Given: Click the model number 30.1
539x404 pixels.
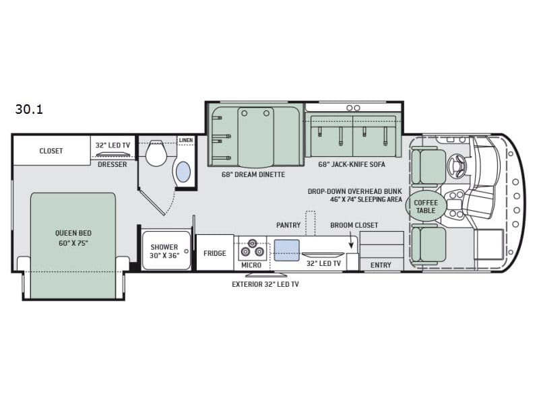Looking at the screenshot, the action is pyautogui.click(x=29, y=109).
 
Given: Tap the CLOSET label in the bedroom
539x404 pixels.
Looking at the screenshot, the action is pyautogui.click(x=51, y=151).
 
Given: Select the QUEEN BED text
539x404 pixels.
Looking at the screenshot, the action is pyautogui.click(x=73, y=233).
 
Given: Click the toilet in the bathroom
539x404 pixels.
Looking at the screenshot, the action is pyautogui.click(x=156, y=154).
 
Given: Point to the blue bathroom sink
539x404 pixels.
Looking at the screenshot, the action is pyautogui.click(x=183, y=172).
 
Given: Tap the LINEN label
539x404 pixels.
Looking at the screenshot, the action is pyautogui.click(x=186, y=140).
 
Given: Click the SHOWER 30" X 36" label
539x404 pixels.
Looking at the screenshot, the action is pyautogui.click(x=164, y=251).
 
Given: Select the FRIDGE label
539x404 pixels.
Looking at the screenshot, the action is pyautogui.click(x=214, y=254).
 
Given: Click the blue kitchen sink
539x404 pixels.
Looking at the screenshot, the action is pyautogui.click(x=286, y=250).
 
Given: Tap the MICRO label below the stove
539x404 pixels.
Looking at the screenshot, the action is pyautogui.click(x=251, y=265).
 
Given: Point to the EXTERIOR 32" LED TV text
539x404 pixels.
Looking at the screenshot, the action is pyautogui.click(x=265, y=284).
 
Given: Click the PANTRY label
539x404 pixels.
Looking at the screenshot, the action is pyautogui.click(x=288, y=225).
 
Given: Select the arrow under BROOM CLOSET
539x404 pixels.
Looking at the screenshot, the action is pyautogui.click(x=351, y=240).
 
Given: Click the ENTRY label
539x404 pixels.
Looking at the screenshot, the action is pyautogui.click(x=381, y=265).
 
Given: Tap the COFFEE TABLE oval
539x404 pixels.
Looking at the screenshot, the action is pyautogui.click(x=426, y=206).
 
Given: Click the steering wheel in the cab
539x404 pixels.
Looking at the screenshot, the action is pyautogui.click(x=457, y=165).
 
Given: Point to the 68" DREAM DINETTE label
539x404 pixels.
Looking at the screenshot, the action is pyautogui.click(x=253, y=174).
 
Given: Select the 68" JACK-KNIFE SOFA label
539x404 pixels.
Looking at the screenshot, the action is pyautogui.click(x=351, y=164).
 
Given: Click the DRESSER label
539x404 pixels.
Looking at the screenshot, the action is pyautogui.click(x=113, y=164).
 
